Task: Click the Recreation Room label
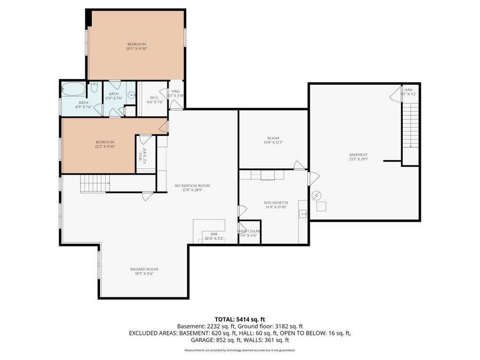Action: [x=192, y=186]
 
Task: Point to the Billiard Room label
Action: [x=144, y=269]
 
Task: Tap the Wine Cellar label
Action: [x=249, y=231]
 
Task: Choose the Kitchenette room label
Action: [x=276, y=203]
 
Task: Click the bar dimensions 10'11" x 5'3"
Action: [x=214, y=238]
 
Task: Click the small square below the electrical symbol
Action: [x=321, y=206]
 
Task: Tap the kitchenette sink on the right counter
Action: [x=303, y=214]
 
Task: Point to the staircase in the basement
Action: [x=410, y=125]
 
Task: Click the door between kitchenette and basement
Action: [x=313, y=178]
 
